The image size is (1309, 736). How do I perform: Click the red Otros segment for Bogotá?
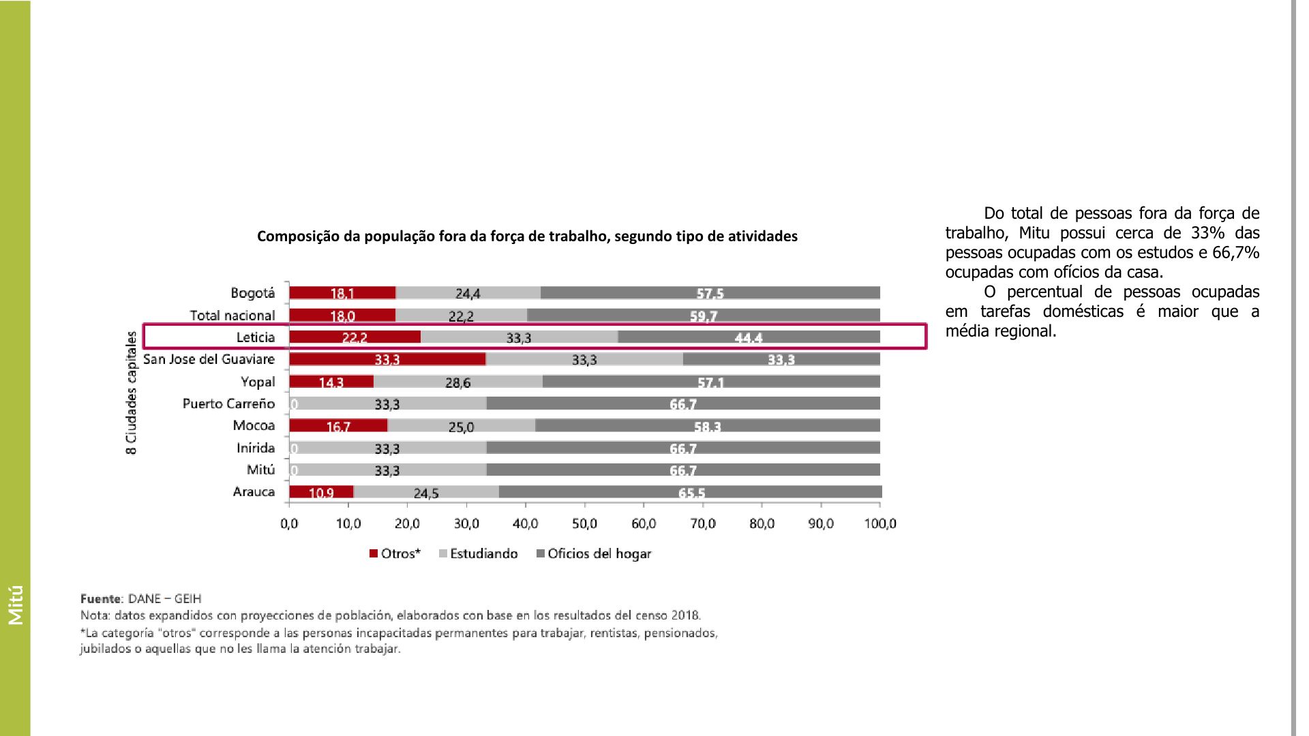(x=342, y=293)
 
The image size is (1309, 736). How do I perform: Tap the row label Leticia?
(x=256, y=337)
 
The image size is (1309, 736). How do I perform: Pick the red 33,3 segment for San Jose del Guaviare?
(x=387, y=359)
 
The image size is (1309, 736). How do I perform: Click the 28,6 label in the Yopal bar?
(x=457, y=383)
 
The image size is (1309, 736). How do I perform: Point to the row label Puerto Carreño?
(x=228, y=403)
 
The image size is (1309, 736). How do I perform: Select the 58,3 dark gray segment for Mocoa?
(x=708, y=427)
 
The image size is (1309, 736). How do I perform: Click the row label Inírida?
(x=256, y=448)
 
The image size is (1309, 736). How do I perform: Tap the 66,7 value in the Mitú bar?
(x=682, y=471)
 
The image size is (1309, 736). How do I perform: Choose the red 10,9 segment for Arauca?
(x=321, y=492)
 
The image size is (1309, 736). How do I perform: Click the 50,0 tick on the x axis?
(x=584, y=524)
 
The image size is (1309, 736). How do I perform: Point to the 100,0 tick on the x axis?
(x=880, y=524)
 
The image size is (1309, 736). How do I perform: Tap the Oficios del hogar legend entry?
(x=594, y=554)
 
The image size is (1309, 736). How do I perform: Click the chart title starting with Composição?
(x=527, y=236)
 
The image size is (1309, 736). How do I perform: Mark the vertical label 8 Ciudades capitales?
(x=132, y=393)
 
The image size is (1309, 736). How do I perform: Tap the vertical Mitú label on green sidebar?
(x=16, y=604)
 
